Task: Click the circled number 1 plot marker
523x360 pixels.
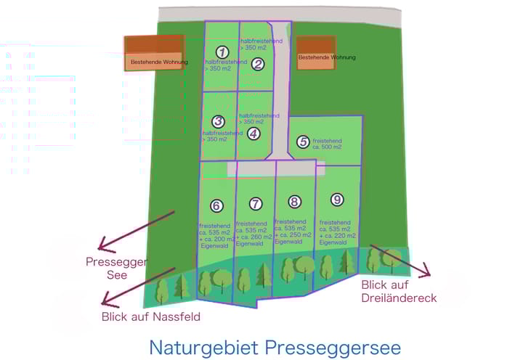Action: tap(223, 52)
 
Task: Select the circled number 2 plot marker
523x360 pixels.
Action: tap(258, 64)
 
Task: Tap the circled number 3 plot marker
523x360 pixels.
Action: tap(218, 121)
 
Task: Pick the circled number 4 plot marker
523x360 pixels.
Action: tap(253, 134)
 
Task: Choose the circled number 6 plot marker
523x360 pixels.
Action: tap(216, 205)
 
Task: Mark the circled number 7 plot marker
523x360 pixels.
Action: tap(255, 203)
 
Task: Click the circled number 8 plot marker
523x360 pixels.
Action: tap(294, 202)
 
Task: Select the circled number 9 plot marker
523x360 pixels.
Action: tap(336, 199)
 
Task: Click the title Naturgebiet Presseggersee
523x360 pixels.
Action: tap(275, 346)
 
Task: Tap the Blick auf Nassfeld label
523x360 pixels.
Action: tap(151, 316)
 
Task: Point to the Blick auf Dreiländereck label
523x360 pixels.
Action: tap(399, 291)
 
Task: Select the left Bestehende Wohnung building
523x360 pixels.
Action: tap(153, 53)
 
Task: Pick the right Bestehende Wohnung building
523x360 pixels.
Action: tap(316, 53)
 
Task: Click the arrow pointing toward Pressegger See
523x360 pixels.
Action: tap(138, 230)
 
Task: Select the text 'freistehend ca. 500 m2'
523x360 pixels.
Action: tap(327, 143)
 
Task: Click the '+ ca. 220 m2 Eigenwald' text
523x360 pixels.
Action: tap(338, 239)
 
